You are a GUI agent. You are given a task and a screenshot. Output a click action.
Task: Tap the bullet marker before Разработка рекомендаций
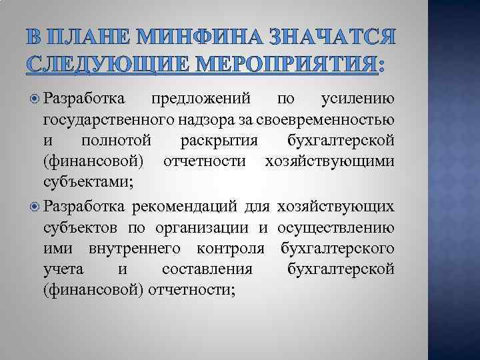[35, 207]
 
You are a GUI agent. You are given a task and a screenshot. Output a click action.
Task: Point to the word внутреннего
[139, 249]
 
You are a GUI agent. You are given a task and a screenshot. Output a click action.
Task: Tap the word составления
[207, 269]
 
